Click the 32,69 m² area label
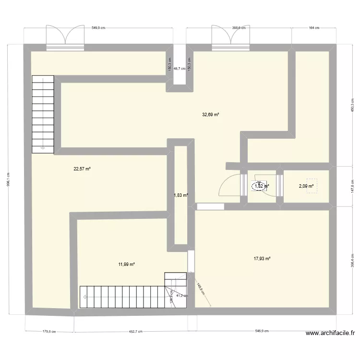pos(211,115)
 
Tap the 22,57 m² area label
pos(82,168)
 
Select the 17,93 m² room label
pos(262,259)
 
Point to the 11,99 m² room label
pos(126,264)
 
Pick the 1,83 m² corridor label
pos(180,195)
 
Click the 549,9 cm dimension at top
pos(98,28)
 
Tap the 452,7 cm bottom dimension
pos(131,331)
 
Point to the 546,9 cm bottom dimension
pos(262,331)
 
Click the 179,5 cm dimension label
pos(49,331)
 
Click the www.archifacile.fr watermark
pos(331,333)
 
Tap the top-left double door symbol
pos(65,36)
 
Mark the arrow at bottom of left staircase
pos(43,148)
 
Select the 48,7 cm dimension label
pos(180,69)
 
